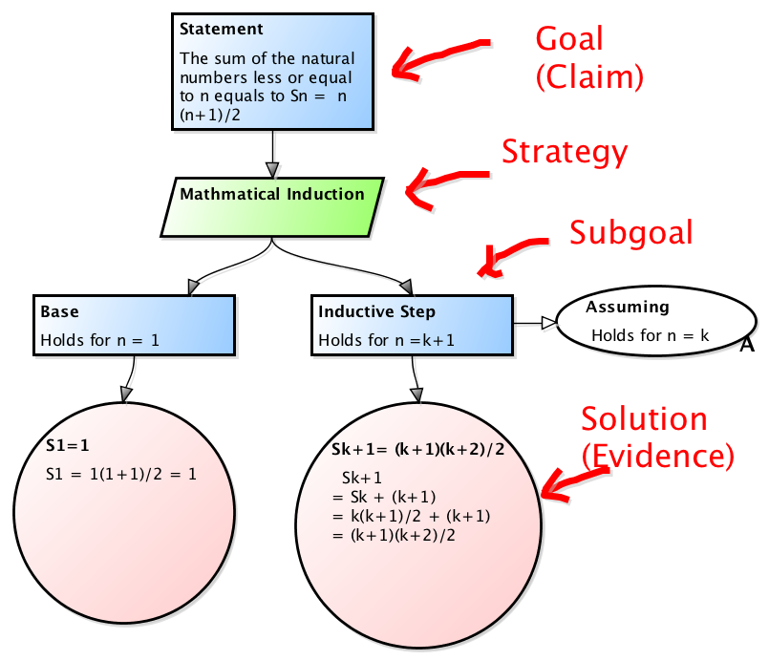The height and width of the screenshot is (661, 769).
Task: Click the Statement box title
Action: [x=222, y=30]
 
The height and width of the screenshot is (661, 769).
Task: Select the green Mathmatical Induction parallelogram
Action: [x=272, y=205]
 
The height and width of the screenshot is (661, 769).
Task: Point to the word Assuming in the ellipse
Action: [x=627, y=307]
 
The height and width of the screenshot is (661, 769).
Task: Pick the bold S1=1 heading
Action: [x=66, y=446]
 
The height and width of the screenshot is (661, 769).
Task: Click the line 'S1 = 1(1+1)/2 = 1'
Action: [x=120, y=472]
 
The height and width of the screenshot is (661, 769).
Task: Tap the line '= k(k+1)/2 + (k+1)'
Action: [x=411, y=516]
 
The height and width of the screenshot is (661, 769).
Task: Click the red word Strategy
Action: [x=565, y=152]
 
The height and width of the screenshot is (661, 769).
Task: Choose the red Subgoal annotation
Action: [x=630, y=232]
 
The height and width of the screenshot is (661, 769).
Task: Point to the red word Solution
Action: [x=645, y=419]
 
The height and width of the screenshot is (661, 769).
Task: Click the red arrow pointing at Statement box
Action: [x=435, y=59]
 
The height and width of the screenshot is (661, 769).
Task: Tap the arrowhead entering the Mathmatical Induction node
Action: [x=272, y=169]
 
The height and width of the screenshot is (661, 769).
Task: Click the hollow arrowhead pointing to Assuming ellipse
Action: [x=548, y=323]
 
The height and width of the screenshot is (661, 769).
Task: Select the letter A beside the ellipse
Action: [x=747, y=345]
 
